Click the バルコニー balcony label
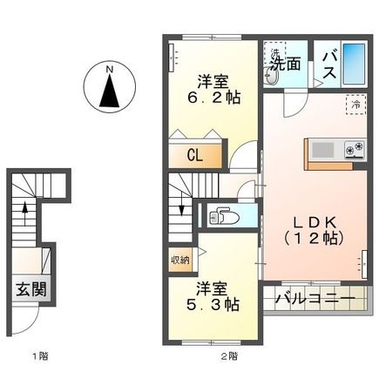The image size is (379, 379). coord(315,299)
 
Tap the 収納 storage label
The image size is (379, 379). coord(178,260)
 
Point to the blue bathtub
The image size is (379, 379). coord(355,63)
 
